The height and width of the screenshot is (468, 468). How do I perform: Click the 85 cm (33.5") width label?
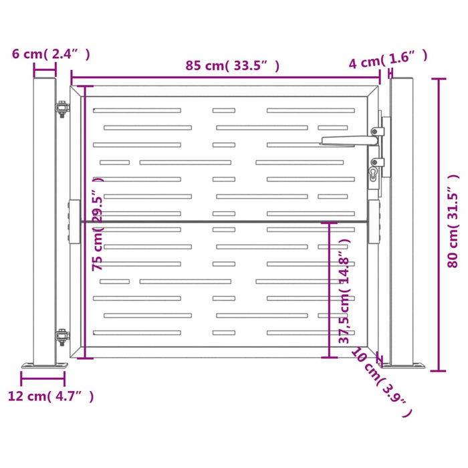pos(232,66)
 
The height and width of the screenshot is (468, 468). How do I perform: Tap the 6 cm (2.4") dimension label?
pos(51,54)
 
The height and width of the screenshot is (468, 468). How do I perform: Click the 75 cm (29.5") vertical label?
pos(98,224)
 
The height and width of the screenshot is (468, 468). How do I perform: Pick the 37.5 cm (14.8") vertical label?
pos(344,298)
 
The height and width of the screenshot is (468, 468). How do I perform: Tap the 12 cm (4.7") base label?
pos(51,396)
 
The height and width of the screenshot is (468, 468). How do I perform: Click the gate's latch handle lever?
pos(348,140)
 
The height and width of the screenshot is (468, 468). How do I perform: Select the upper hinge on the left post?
pos(62,110)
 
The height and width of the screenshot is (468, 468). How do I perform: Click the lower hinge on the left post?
pos(62,337)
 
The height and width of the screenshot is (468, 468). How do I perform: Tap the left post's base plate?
pos(44,365)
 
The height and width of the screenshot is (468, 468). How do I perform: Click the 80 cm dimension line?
pos(439,224)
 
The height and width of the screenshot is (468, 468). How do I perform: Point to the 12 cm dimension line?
pos(43,379)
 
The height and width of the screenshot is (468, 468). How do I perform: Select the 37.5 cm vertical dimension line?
pos(329,291)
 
